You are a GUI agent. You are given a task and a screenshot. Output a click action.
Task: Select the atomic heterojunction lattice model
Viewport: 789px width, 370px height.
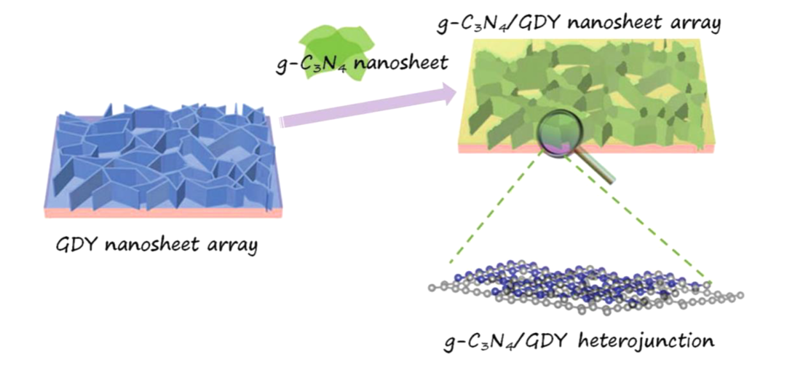585,286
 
